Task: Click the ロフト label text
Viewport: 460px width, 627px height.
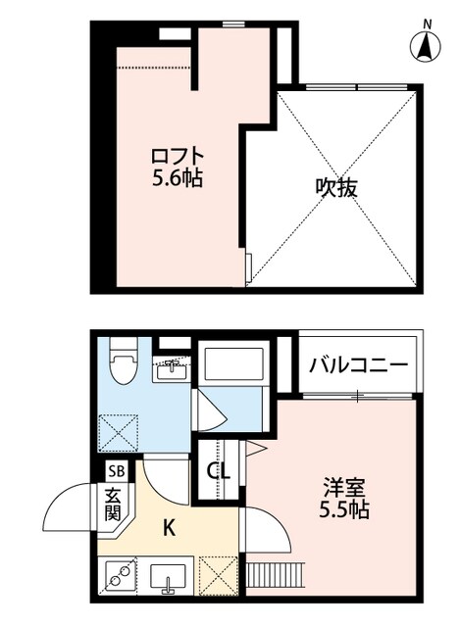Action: [178, 156]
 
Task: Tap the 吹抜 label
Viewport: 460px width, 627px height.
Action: [335, 186]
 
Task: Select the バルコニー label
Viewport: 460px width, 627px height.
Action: [358, 366]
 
